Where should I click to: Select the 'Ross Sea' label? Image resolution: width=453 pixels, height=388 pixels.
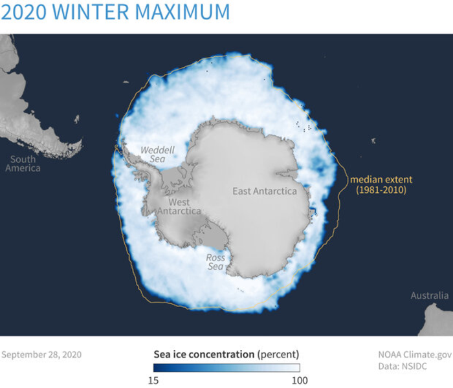coord(215,262)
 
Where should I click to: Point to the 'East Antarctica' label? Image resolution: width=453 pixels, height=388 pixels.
coord(265,191)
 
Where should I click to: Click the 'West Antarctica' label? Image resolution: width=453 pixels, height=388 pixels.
coord(179,206)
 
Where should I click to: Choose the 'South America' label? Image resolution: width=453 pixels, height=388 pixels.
coord(23,164)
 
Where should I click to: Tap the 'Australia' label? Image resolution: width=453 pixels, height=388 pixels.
coord(429,296)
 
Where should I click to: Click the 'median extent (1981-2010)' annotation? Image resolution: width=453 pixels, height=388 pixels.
coord(381,184)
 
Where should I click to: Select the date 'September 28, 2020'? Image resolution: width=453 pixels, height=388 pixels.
coord(41,354)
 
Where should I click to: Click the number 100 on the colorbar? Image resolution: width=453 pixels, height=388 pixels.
coord(299,380)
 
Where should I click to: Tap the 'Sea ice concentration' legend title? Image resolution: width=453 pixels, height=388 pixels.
coord(203,354)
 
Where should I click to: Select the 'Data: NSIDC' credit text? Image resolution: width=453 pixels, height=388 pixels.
coord(405,367)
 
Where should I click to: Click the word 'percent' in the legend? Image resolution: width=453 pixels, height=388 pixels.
coord(278,354)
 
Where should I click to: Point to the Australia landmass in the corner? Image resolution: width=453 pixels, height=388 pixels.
coord(436,321)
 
